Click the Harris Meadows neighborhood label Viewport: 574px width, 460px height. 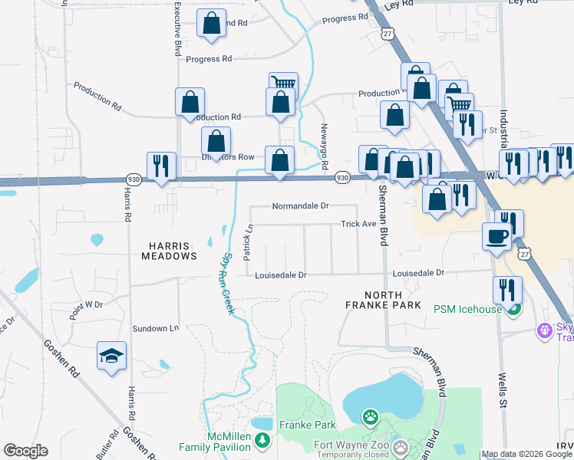click(x=168, y=251)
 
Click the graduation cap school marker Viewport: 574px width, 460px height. click(x=112, y=356)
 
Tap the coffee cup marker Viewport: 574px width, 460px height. click(x=496, y=236)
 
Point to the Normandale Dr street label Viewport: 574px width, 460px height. click(x=300, y=206)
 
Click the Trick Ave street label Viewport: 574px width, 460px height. click(x=358, y=224)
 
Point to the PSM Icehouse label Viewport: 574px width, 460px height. click(x=467, y=309)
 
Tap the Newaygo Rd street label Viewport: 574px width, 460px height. click(x=325, y=146)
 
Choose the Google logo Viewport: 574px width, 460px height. click(x=25, y=451)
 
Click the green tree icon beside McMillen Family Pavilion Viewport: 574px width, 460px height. click(x=263, y=440)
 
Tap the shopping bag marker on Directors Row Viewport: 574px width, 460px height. click(x=216, y=140)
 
